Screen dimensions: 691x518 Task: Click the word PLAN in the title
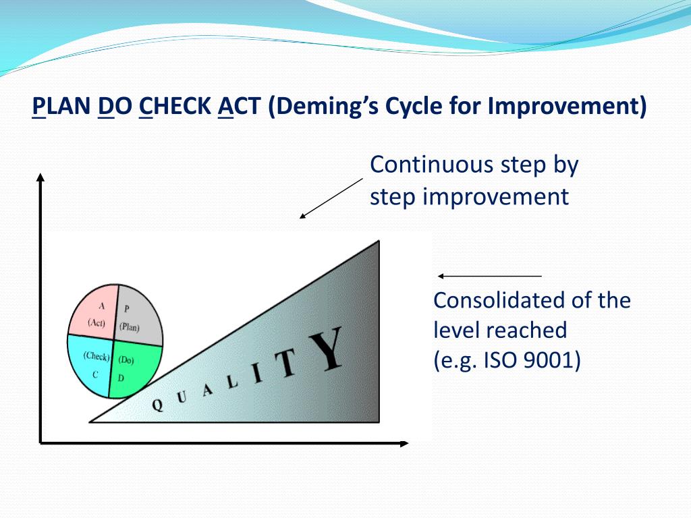point(61,106)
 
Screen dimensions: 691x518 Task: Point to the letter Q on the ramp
point(157,405)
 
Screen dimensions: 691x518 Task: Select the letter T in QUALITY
point(285,362)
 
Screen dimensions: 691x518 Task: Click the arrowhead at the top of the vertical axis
point(40,177)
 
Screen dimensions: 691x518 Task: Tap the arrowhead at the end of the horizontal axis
point(405,443)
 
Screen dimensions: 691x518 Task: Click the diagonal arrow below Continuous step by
point(331,198)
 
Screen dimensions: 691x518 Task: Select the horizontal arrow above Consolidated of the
point(490,276)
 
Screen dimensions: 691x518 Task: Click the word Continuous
point(433,165)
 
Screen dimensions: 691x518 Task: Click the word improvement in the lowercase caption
point(496,197)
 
